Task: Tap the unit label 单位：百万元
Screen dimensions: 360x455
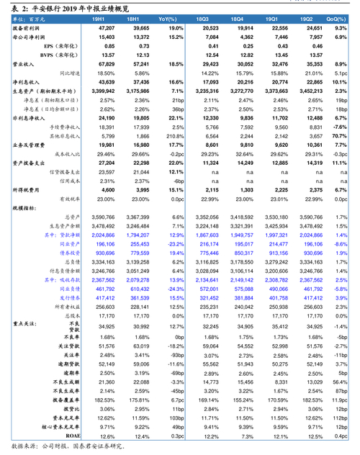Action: [26, 17]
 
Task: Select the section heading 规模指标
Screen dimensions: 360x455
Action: [28, 207]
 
